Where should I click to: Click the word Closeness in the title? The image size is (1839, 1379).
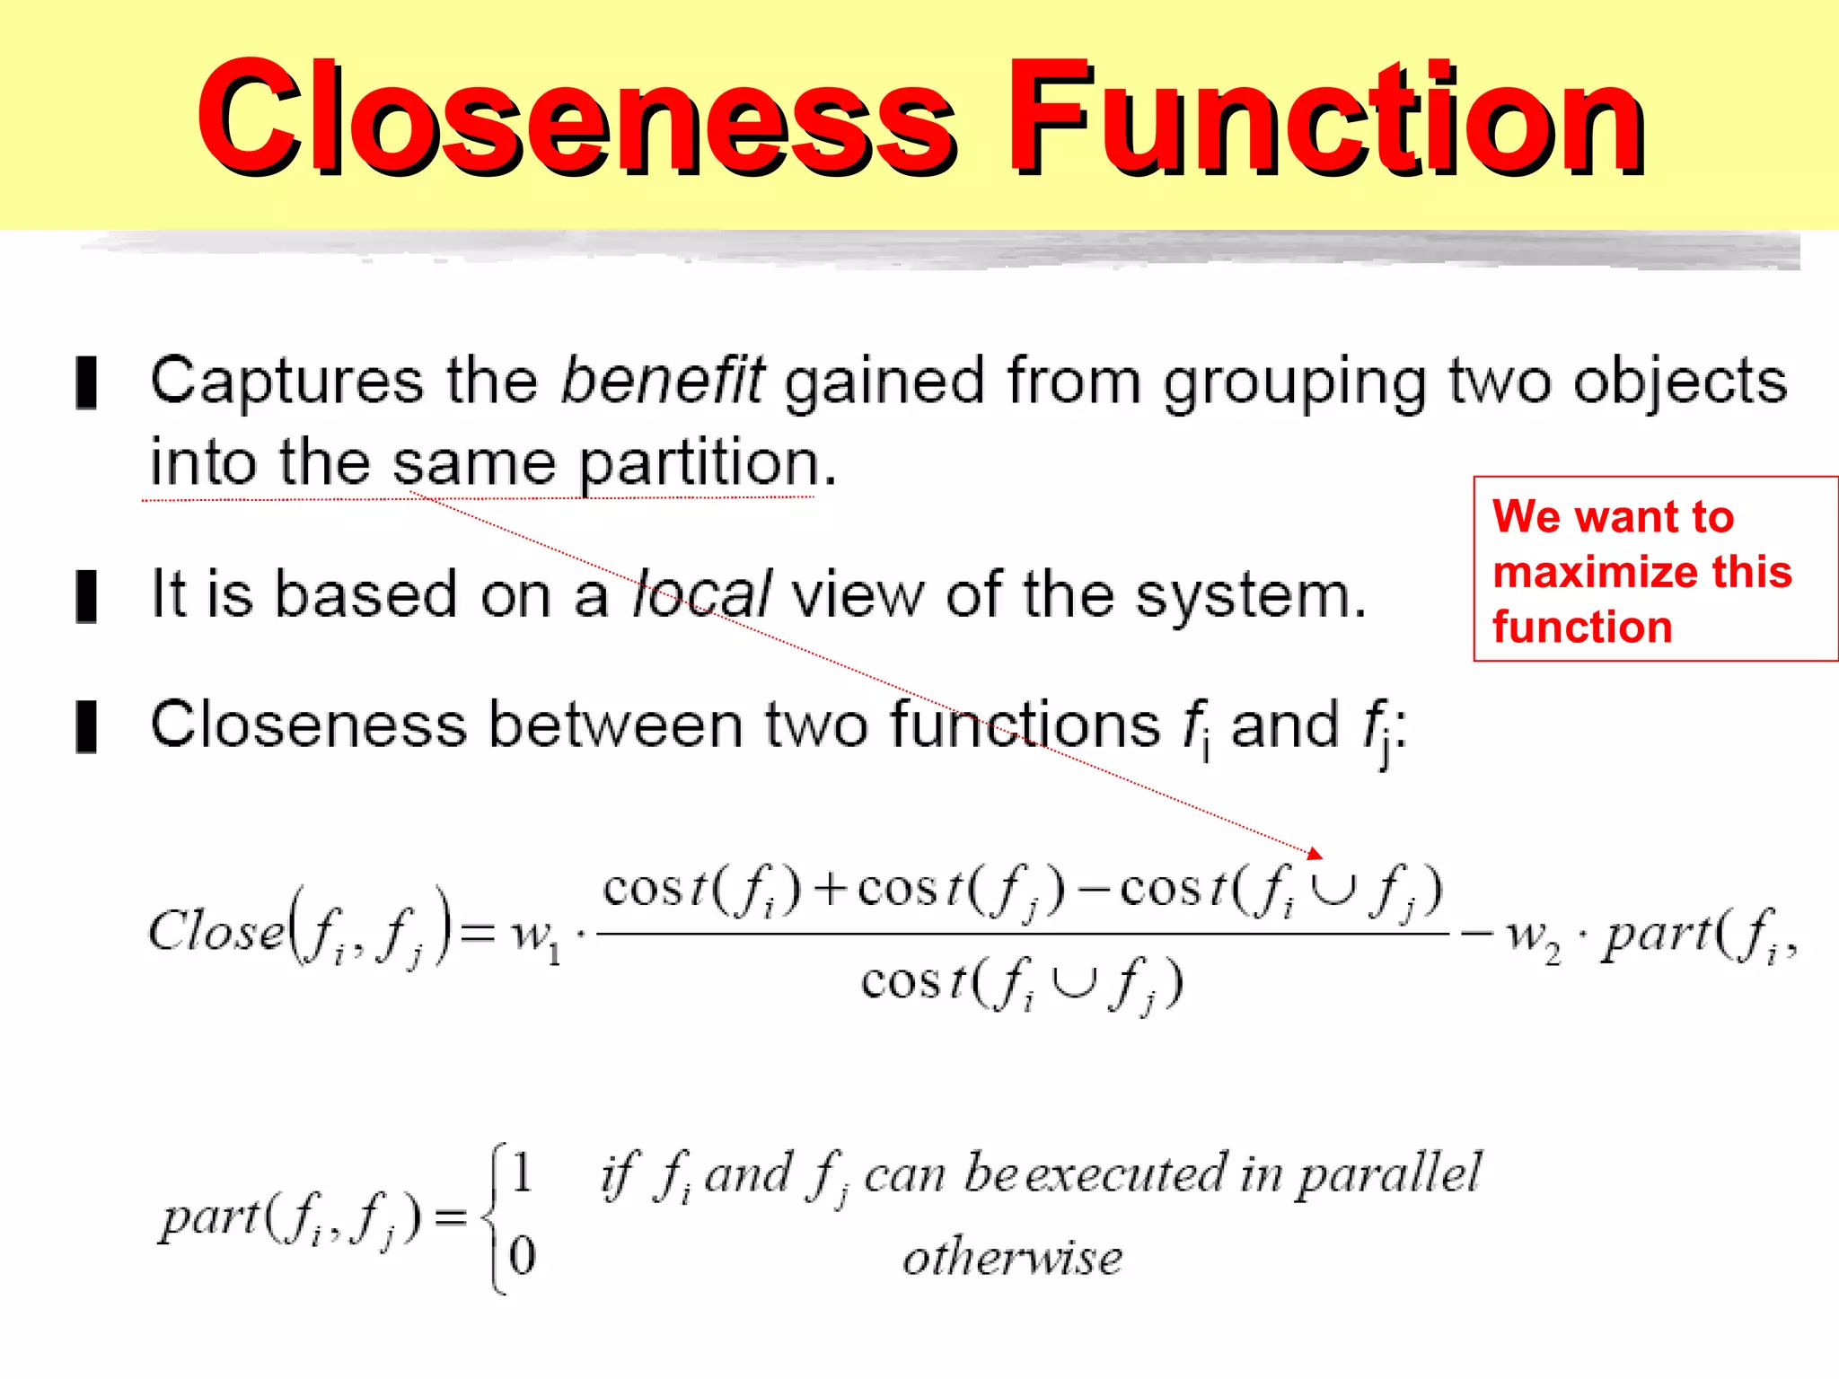click(x=575, y=117)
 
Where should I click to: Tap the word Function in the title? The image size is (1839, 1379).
click(x=1324, y=117)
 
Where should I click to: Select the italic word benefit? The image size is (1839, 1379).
click(x=663, y=381)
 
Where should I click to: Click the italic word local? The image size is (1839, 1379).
click(x=701, y=594)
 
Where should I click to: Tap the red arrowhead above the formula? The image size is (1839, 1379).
click(x=1315, y=853)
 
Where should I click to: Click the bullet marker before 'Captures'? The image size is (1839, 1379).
click(x=87, y=382)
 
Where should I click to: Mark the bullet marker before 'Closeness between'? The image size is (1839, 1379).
click(x=87, y=726)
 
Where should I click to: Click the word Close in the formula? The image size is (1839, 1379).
click(x=216, y=930)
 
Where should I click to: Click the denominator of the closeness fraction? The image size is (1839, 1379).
click(x=1022, y=984)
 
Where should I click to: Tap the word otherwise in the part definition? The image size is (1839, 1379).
click(x=1012, y=1258)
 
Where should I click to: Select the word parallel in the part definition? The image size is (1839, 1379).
click(x=1389, y=1174)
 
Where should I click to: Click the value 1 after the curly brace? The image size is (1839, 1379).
click(x=522, y=1173)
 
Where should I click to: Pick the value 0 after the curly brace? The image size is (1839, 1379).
click(x=522, y=1255)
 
